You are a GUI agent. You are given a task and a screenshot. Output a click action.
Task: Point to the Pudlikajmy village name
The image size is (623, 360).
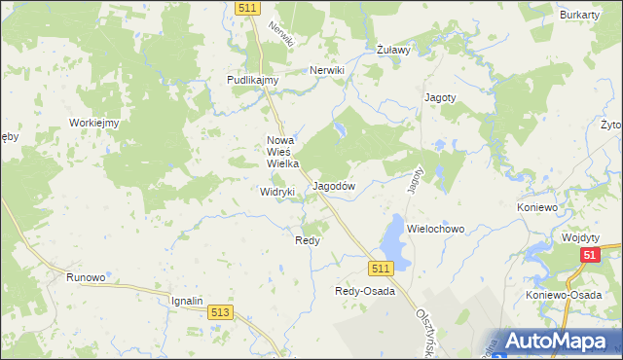click(253, 80)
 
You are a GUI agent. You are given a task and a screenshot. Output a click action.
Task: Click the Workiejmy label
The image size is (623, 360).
click(93, 123)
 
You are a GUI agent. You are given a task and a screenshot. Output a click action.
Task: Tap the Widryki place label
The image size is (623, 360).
click(277, 192)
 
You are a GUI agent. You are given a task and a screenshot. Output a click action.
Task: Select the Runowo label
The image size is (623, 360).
click(86, 277)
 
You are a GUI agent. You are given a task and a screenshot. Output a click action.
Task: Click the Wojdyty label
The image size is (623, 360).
click(582, 236)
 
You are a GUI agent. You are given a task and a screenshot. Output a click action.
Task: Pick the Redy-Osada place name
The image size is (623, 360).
click(365, 291)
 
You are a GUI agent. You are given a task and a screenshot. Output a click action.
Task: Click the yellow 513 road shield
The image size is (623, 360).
click(220, 311)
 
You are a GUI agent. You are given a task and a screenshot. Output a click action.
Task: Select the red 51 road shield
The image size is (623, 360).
click(590, 255)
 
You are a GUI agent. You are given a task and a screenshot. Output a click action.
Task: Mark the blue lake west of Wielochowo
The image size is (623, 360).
click(393, 238)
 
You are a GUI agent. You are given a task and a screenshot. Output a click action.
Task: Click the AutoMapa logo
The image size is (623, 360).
click(560, 341)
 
